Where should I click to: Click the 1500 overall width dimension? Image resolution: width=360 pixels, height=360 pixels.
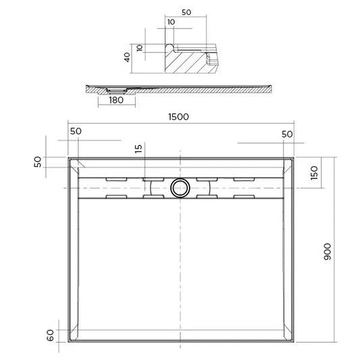click(x=179, y=116)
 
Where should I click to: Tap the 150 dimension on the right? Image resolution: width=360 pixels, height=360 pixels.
click(x=313, y=172)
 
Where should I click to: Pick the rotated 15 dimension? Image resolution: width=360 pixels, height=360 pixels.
click(x=138, y=149)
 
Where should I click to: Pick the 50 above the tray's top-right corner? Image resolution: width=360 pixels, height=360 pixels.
click(x=287, y=134)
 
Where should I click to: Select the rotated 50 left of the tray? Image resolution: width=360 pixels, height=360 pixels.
click(x=38, y=161)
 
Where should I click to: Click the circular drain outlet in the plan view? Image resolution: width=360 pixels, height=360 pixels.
click(x=180, y=188)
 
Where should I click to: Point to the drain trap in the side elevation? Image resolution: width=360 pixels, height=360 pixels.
click(x=117, y=89)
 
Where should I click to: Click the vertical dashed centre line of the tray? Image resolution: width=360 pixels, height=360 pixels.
click(x=180, y=270)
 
